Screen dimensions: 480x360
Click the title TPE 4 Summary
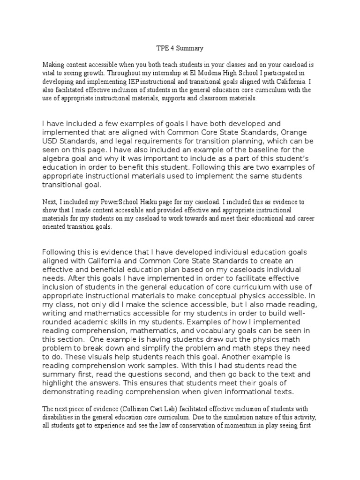180,48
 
